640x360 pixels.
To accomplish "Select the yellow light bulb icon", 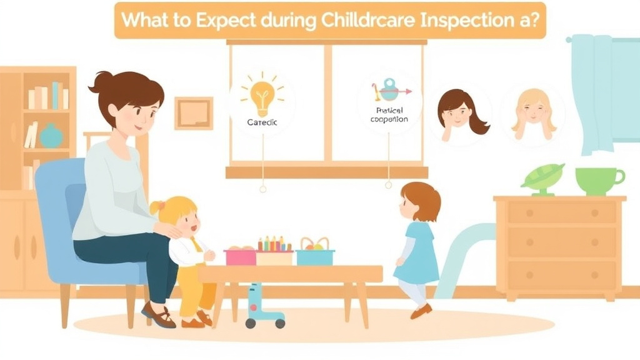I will tap(262, 94).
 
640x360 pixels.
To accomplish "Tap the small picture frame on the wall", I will tap(193, 113).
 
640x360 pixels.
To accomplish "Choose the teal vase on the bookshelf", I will tap(51, 136).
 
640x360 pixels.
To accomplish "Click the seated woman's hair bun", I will tap(102, 81).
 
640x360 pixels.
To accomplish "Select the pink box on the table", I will tap(241, 256).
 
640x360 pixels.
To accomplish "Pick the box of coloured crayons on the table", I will tap(275, 251).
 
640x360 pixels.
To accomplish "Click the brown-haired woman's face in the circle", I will tap(457, 112).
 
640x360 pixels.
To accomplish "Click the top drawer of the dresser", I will tap(559, 213).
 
